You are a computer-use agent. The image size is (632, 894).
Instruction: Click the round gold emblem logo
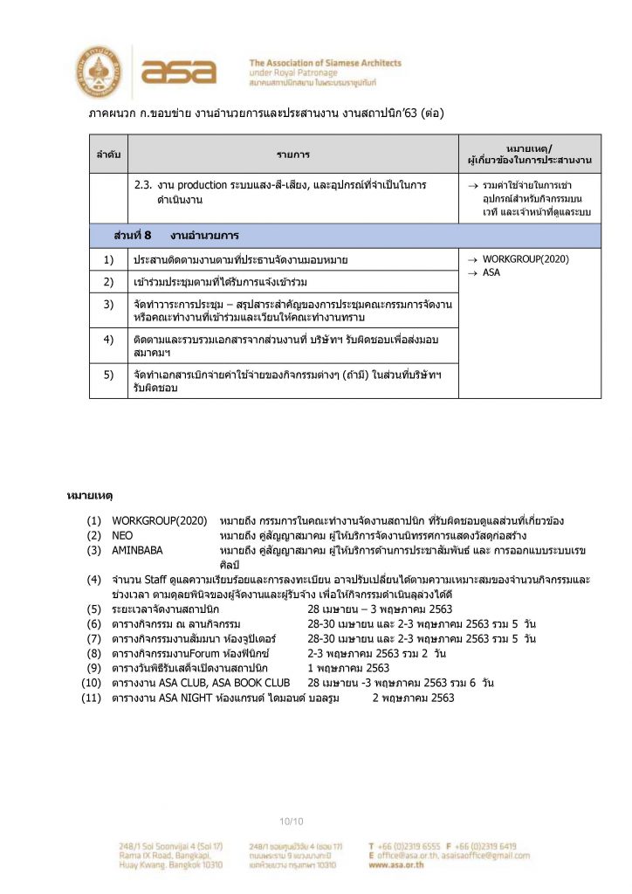[x=99, y=71]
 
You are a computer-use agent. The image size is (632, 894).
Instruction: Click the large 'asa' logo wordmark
[x=178, y=71]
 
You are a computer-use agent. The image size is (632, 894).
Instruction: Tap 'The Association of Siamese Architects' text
[x=325, y=63]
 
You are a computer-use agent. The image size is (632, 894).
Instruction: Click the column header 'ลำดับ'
[x=109, y=155]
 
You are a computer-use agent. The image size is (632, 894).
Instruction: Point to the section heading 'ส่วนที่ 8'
[x=133, y=236]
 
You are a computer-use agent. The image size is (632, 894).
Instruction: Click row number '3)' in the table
[x=109, y=304]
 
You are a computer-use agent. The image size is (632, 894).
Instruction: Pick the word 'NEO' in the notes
[x=122, y=534]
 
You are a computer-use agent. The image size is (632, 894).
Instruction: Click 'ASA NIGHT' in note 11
[x=176, y=698]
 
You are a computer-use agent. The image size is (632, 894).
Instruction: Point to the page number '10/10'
[x=291, y=821]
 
